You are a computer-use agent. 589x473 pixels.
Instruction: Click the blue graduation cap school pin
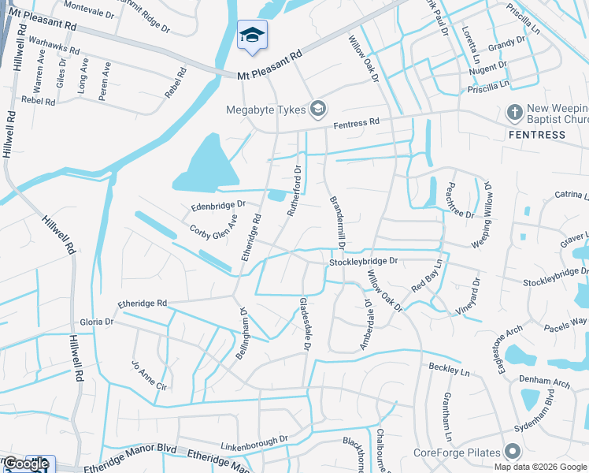[x=252, y=35]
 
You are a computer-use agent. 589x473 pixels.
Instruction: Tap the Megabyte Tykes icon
[x=319, y=109]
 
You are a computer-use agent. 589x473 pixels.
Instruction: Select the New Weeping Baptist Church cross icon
[x=516, y=113]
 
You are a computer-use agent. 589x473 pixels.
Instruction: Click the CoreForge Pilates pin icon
[x=513, y=453]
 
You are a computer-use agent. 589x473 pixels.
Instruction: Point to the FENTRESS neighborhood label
[x=535, y=135]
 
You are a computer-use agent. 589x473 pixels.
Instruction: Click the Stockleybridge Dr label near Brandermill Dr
[x=365, y=260]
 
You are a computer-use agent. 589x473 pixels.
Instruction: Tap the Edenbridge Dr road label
[x=219, y=207]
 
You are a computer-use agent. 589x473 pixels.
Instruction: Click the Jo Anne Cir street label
[x=150, y=377]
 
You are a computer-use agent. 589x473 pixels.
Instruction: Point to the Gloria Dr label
[x=97, y=322]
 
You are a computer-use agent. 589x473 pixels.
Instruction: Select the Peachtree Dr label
[x=460, y=203]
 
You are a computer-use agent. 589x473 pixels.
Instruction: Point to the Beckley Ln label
[x=449, y=368]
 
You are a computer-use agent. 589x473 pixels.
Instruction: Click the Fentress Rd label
[x=356, y=123]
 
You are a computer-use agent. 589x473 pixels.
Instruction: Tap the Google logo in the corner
[x=25, y=464]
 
